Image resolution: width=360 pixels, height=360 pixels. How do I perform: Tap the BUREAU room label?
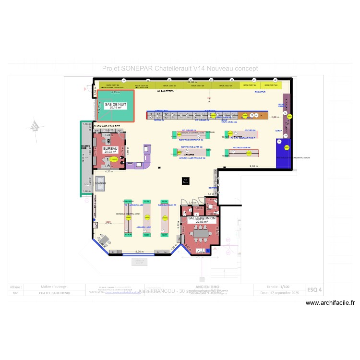110,149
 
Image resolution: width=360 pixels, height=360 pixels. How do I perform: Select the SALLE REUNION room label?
202,218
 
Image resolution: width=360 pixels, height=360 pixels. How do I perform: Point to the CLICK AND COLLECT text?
107,126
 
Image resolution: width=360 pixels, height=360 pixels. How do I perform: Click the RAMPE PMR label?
85,147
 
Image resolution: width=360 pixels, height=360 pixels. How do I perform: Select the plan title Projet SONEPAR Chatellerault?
180,69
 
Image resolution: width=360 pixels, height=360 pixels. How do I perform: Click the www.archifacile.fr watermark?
330,303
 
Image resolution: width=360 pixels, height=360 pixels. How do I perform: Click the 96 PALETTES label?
165,91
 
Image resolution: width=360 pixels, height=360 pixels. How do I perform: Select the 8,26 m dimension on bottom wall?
139,252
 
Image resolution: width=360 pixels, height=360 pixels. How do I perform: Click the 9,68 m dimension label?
254,166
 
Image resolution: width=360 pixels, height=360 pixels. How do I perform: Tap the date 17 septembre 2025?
280,292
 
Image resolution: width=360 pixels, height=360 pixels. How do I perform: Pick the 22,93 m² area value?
202,222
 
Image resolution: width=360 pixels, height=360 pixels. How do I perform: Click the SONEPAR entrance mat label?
100,183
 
